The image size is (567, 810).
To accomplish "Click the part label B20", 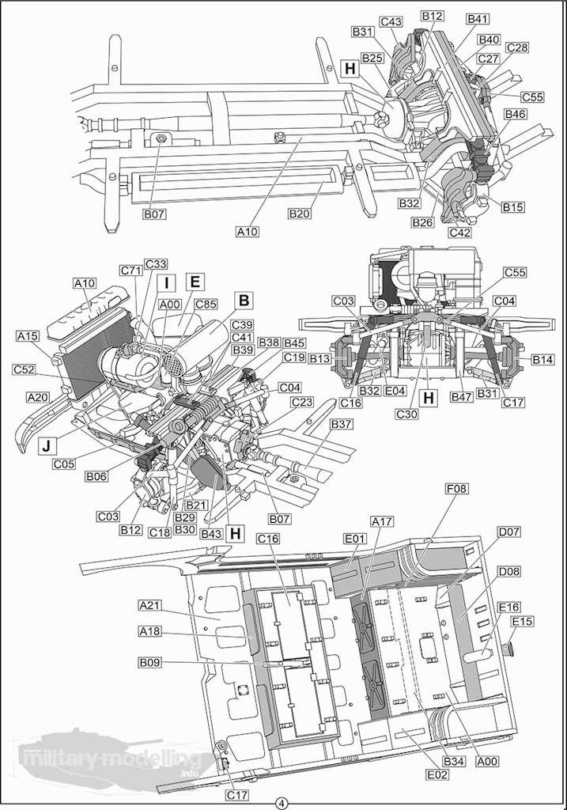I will (x=300, y=214).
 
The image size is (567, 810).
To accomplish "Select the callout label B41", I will (x=478, y=19).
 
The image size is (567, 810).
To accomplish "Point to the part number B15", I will (x=513, y=207).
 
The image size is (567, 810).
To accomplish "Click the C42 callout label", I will (x=460, y=233).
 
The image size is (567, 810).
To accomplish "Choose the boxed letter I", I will (x=167, y=282).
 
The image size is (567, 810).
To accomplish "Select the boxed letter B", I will (x=244, y=300).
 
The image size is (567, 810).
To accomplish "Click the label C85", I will (x=206, y=304).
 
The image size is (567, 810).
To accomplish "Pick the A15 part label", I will (x=28, y=336).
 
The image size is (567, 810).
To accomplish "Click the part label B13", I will (x=319, y=359).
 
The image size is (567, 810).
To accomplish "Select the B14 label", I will (x=542, y=359).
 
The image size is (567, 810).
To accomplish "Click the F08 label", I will (x=457, y=490).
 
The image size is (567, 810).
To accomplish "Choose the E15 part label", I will (x=523, y=622).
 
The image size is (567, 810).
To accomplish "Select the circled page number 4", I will (x=282, y=802).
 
